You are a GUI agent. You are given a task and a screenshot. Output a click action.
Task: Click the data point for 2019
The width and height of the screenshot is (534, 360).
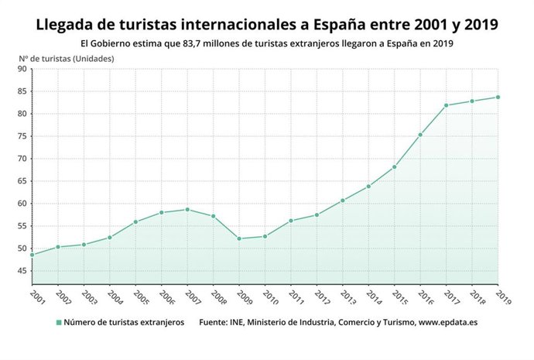click(498, 97)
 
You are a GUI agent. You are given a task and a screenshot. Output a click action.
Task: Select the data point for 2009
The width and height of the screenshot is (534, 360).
click(238, 238)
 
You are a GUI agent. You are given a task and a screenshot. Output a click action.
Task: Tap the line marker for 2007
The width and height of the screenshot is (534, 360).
click(187, 209)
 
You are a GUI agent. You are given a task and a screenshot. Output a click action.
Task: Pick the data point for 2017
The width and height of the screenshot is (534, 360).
click(446, 105)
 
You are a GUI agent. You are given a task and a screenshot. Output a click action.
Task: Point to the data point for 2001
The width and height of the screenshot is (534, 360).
click(32, 255)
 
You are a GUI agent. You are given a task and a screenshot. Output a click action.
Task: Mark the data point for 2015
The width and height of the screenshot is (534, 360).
click(394, 167)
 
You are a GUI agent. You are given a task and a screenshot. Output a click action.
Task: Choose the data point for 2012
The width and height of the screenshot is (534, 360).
click(317, 214)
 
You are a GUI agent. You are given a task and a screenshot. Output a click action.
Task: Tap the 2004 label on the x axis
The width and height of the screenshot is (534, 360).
click(114, 297)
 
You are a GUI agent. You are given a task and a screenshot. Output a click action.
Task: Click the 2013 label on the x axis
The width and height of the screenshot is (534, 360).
click(347, 297)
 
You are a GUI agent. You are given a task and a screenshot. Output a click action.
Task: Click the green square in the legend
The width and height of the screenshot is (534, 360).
click(58, 323)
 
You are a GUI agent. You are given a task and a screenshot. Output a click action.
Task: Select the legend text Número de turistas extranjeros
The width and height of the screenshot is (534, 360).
click(124, 323)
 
